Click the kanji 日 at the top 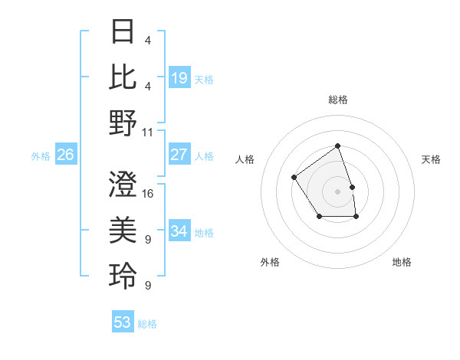(123, 32)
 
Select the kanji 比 (123, 77)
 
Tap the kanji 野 (123, 123)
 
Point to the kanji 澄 (123, 185)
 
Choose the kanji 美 (123, 230)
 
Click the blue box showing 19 (179, 77)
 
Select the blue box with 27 (179, 155)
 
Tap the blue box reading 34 (179, 231)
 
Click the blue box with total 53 (123, 322)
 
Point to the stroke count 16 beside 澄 (149, 194)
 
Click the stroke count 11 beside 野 (149, 132)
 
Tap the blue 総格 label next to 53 (147, 324)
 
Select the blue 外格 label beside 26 (41, 156)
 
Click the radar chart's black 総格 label (337, 100)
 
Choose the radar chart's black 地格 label (402, 262)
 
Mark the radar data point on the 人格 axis (294, 178)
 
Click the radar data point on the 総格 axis (337, 146)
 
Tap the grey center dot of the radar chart (337, 191)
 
